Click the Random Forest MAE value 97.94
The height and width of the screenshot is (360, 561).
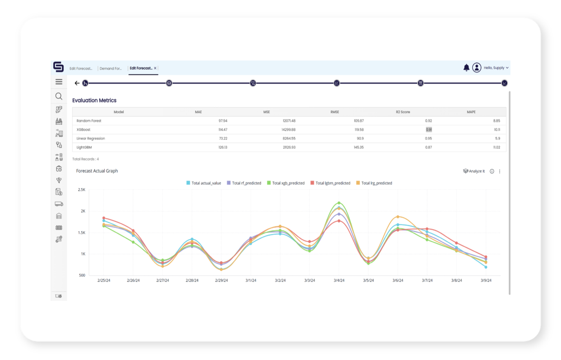[x=223, y=121]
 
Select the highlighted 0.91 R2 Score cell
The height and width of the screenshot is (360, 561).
[x=429, y=130]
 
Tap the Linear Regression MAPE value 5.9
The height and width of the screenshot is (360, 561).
[x=498, y=138]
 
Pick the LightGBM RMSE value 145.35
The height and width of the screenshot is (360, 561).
[x=359, y=148]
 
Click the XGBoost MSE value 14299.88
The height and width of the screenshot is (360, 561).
[x=289, y=130]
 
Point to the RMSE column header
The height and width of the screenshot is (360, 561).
[x=334, y=112]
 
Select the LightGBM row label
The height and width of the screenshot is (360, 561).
[x=84, y=148]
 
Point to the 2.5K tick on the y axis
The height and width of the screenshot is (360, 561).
[x=81, y=190]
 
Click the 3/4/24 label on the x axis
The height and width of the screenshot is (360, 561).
[x=339, y=280]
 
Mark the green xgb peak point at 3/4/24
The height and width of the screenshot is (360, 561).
[x=339, y=203]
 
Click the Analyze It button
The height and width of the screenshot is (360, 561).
[x=474, y=171]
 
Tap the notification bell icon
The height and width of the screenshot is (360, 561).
[x=466, y=68]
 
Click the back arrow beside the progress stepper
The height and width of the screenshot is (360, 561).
[x=77, y=83]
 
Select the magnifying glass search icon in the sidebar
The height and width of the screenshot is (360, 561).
[x=59, y=96]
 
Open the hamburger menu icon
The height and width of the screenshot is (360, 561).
[x=59, y=82]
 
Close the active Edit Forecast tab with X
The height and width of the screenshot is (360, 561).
[x=155, y=68]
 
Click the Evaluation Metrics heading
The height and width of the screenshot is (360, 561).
[x=94, y=100]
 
